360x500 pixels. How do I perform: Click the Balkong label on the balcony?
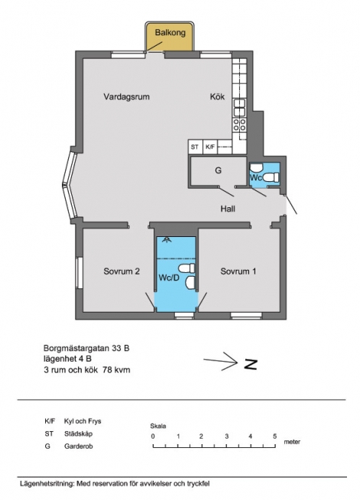tap(170, 33)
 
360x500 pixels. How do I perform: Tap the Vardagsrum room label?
tap(127, 96)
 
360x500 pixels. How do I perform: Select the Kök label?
tap(217, 96)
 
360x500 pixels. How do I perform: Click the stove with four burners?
tap(240, 125)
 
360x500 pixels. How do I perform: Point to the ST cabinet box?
tap(195, 147)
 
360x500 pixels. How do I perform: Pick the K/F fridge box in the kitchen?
tap(210, 147)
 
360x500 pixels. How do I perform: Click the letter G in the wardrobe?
tap(218, 170)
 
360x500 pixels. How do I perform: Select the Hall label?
tap(228, 209)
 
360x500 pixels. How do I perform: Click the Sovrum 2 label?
tap(122, 271)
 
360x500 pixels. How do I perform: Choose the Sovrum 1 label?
tap(238, 271)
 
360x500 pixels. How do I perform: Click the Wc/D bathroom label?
tap(169, 278)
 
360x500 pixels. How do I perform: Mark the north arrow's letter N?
tap(251, 364)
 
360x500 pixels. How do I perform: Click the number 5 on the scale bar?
tap(274, 437)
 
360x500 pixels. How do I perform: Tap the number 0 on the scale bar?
tap(153, 437)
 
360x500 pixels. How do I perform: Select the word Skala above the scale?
tap(158, 426)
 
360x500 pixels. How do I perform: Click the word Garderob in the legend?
tap(79, 446)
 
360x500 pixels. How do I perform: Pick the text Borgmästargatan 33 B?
tap(86, 348)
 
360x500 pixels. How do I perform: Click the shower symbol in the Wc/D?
tap(165, 240)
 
